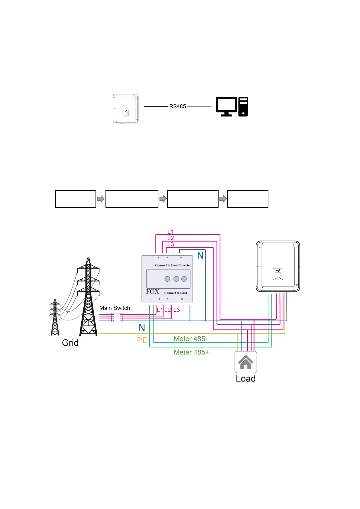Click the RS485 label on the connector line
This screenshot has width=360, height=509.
[x=177, y=106]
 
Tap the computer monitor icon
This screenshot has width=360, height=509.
[x=226, y=106]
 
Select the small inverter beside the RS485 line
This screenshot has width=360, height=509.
[x=125, y=109]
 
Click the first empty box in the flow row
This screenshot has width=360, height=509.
[x=76, y=199]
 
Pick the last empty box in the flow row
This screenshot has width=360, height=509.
[x=248, y=199]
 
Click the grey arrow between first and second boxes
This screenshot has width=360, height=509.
[x=101, y=199]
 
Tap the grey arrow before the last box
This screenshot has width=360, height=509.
[x=223, y=199]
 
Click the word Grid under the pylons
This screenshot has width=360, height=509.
[x=70, y=343]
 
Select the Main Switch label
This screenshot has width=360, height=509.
[x=115, y=308]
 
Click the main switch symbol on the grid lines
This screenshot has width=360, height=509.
[x=117, y=317]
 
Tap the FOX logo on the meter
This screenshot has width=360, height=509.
[x=153, y=292]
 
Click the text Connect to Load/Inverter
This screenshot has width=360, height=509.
[x=173, y=265]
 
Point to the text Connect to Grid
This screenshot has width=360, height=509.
[x=176, y=293]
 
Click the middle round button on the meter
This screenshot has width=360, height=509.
[x=176, y=279]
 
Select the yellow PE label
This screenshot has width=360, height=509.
[x=142, y=340]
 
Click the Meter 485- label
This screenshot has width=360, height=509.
[x=190, y=339]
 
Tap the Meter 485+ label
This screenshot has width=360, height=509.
[x=191, y=352]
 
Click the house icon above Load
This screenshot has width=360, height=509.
[x=246, y=362]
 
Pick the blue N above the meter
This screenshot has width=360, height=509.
[x=200, y=256]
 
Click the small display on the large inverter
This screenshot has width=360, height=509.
[x=278, y=274]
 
